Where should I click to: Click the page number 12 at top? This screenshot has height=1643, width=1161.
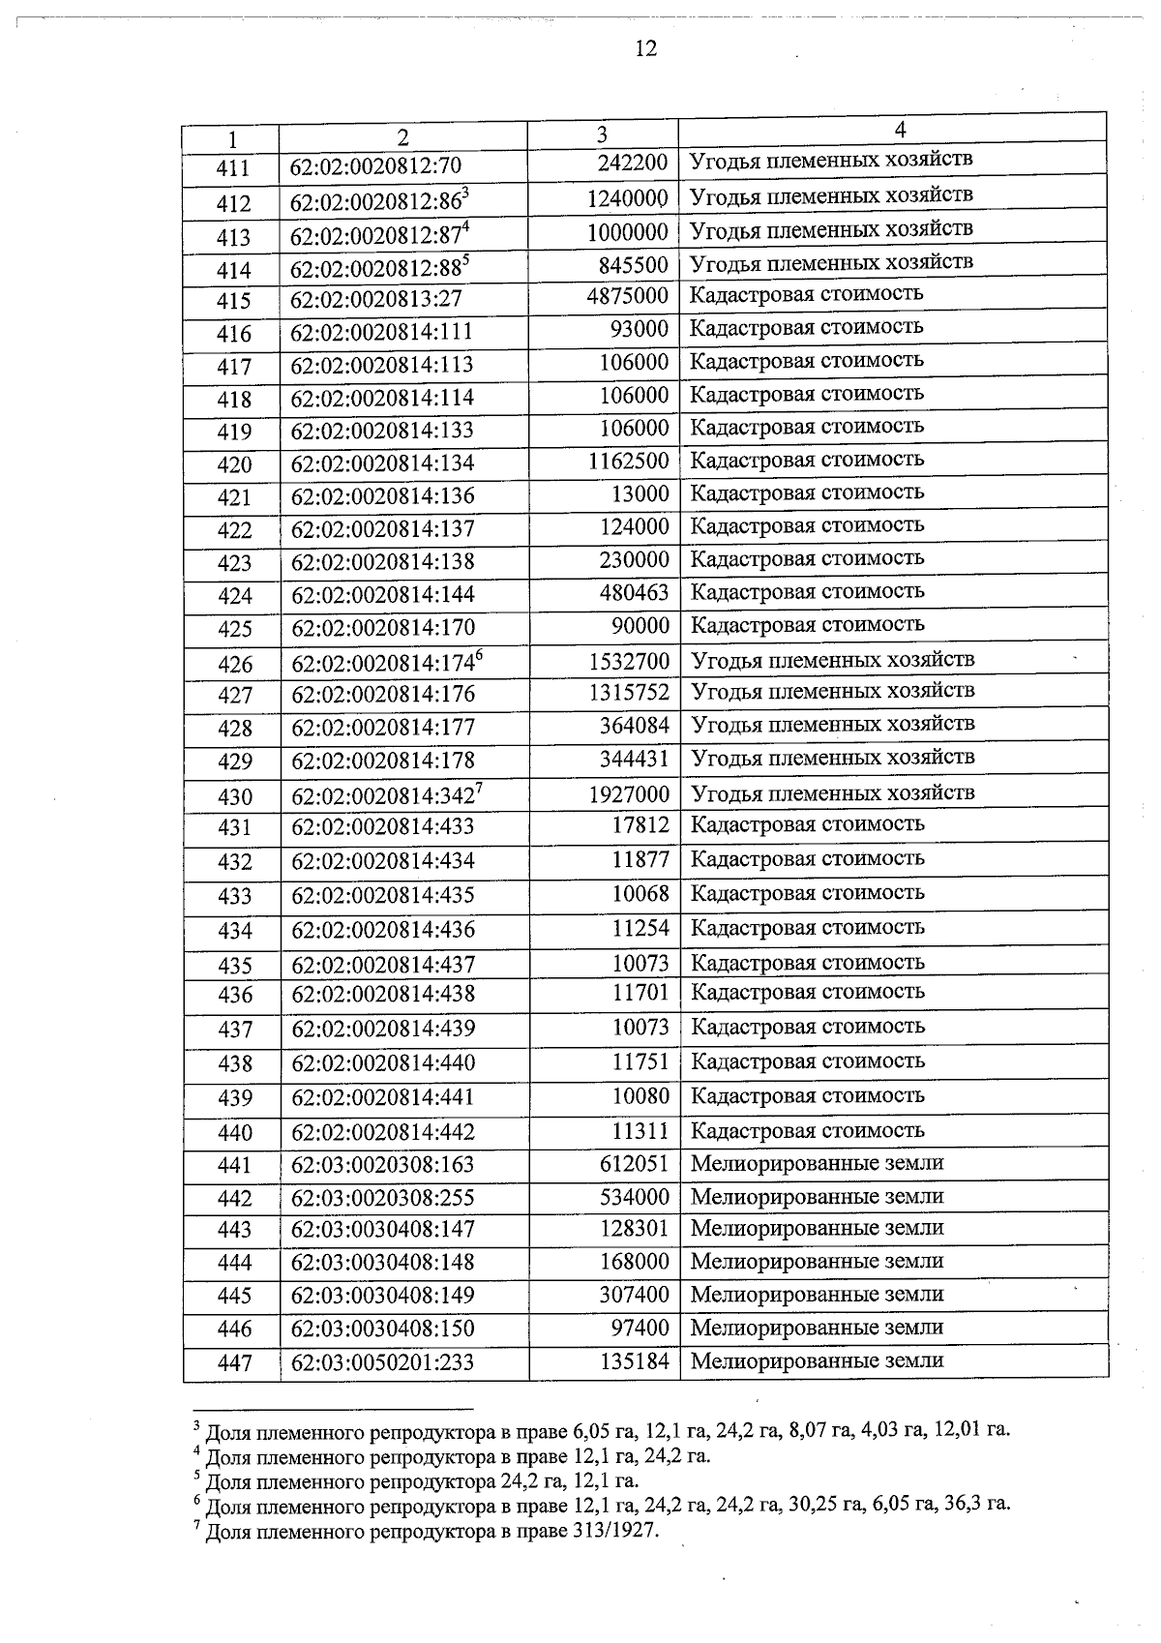coord(646,48)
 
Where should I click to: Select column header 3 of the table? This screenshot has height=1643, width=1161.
coord(602,134)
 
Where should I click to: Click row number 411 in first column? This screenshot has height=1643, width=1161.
coord(233,168)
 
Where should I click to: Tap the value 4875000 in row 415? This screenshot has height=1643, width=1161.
coord(628,295)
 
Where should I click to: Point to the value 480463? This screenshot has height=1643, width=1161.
coord(634,592)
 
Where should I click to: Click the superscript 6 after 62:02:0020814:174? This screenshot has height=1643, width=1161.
coord(478,656)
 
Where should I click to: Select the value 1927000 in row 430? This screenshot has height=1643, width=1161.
coord(629,794)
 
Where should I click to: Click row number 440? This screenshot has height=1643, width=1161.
coord(234,1133)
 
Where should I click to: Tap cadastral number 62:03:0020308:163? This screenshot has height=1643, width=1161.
coord(383,1165)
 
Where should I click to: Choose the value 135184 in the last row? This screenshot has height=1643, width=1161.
coord(634,1361)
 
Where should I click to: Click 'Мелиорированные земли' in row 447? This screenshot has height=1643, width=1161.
coord(817,1360)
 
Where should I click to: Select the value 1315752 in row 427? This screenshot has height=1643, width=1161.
coord(629,693)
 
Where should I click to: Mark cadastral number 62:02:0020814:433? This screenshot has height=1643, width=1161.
coord(383,827)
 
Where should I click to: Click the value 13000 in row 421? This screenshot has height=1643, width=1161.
coord(640,494)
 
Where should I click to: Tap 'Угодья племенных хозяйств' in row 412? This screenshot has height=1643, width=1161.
coord(831,195)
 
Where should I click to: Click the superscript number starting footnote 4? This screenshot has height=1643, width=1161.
coord(197,1450)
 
